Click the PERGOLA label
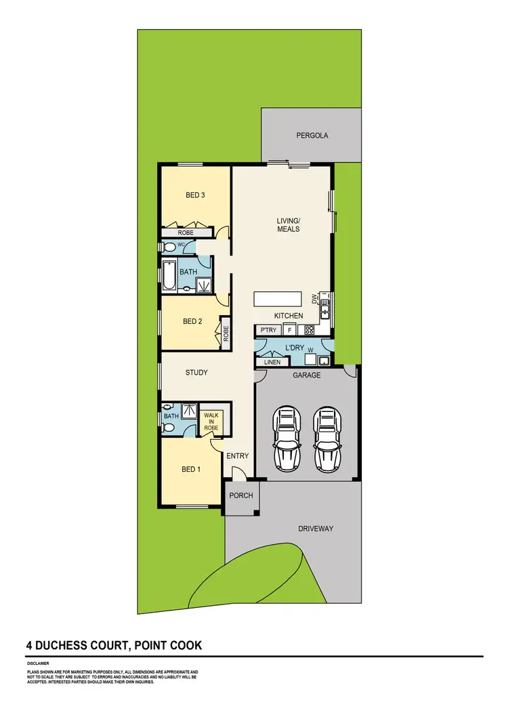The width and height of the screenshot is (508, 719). [312, 136]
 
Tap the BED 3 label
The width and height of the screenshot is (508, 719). [195, 196]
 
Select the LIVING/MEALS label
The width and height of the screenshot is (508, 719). [288, 225]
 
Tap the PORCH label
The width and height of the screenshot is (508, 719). [241, 495]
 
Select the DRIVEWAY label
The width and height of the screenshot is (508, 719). [316, 529]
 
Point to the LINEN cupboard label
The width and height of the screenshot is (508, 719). [267, 363]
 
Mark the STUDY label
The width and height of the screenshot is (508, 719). [196, 373]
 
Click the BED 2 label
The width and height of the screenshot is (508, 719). [194, 322]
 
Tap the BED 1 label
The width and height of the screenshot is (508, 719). [191, 470]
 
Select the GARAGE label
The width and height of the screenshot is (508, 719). [306, 375]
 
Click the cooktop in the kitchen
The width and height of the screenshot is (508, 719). [309, 331]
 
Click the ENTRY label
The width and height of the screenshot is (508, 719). [238, 456]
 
